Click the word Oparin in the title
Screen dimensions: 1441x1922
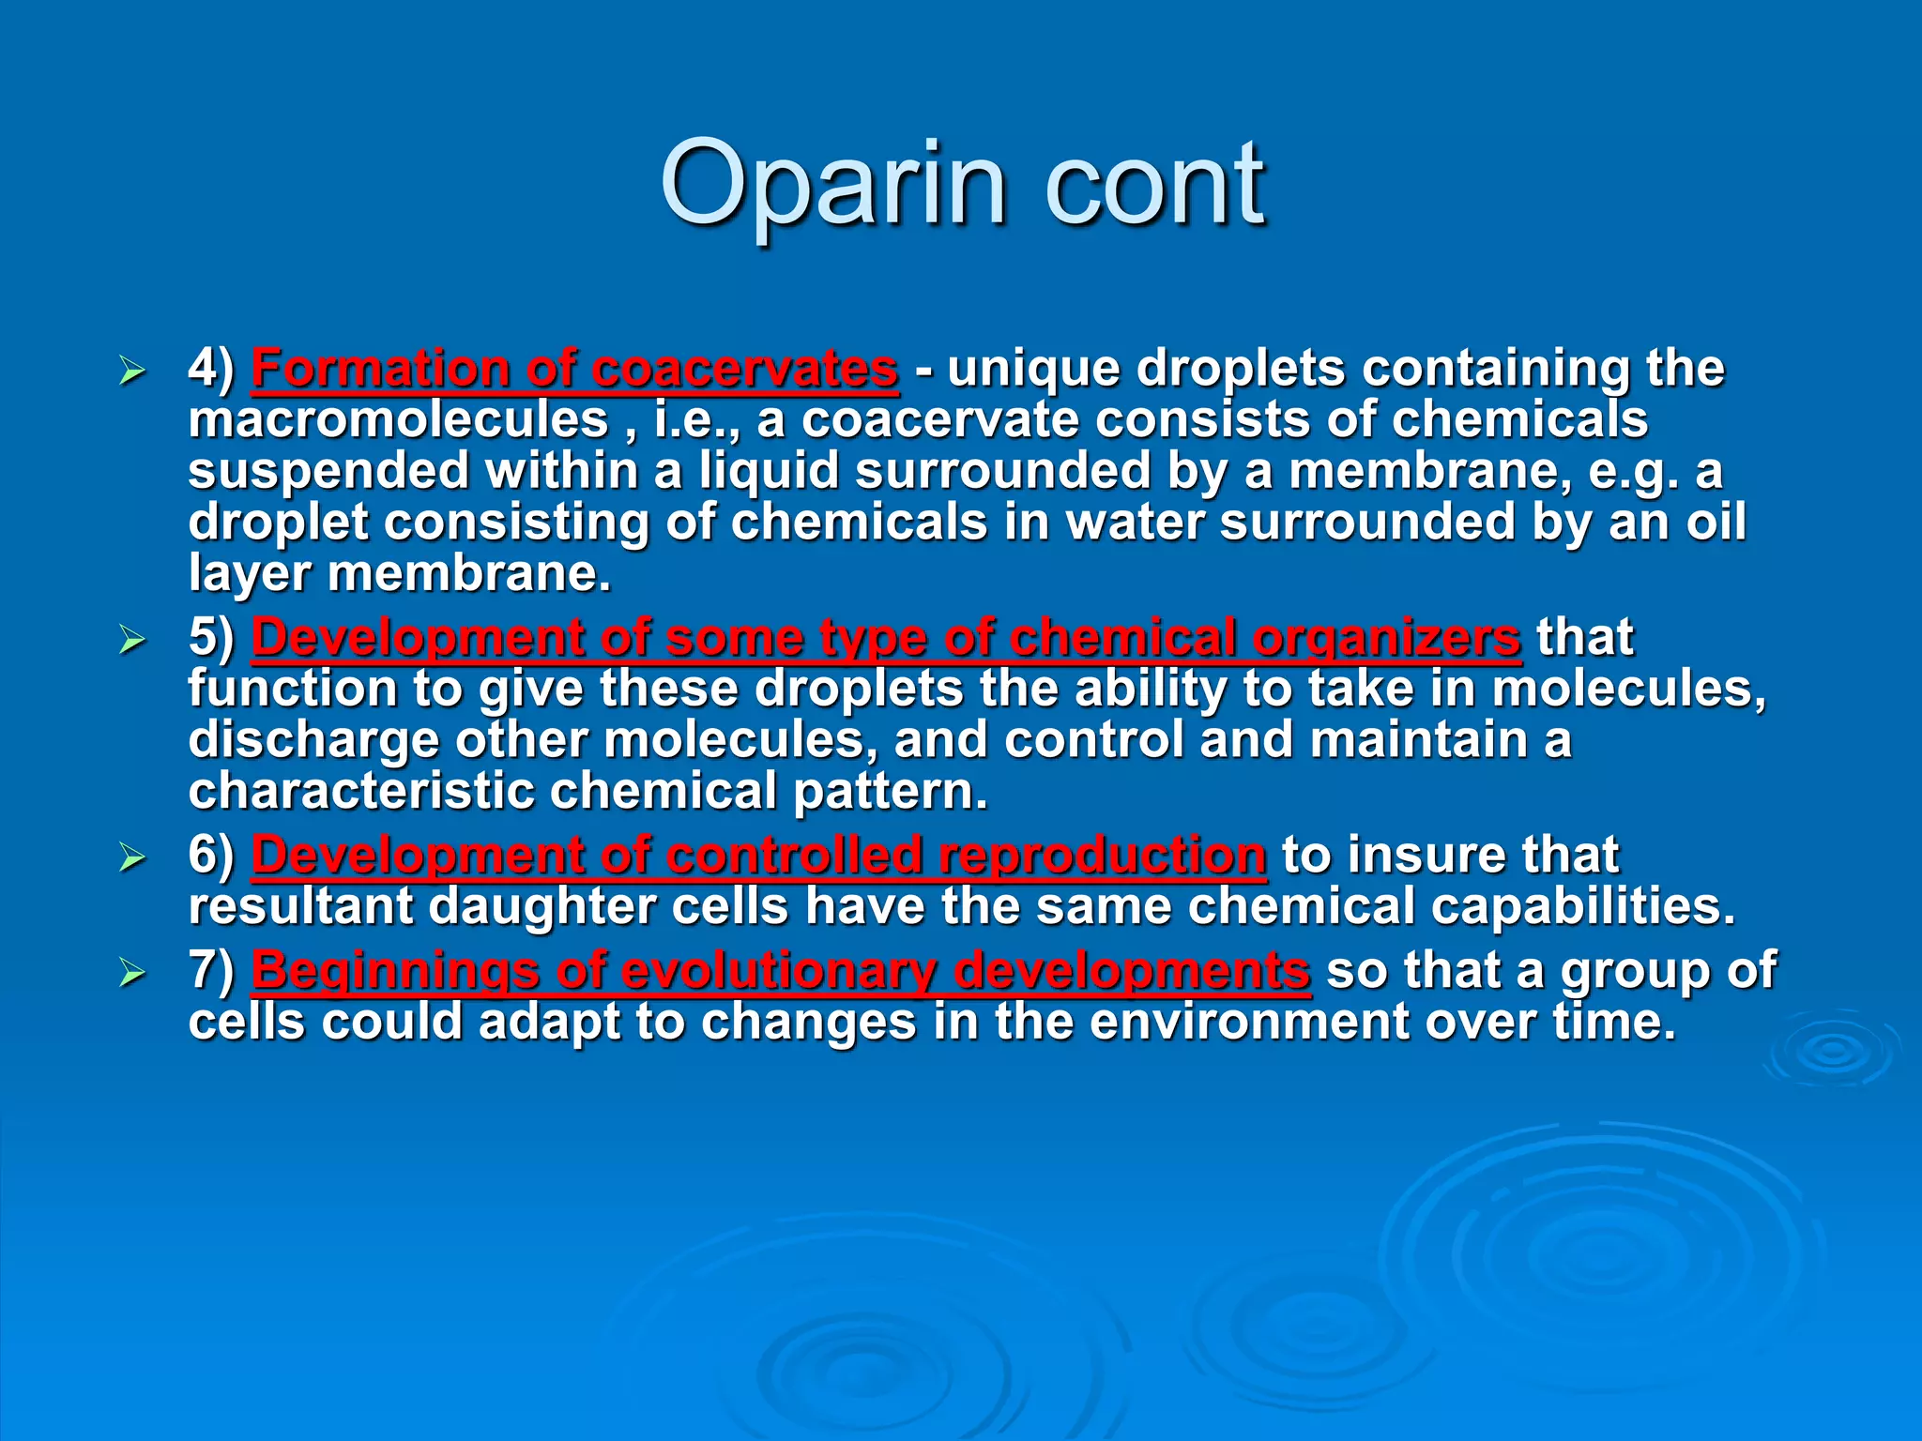(x=833, y=185)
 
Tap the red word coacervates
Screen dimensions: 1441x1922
(x=745, y=369)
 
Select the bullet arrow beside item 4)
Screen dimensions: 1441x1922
(x=132, y=372)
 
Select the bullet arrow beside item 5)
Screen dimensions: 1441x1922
(x=132, y=641)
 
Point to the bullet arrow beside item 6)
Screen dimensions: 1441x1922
(x=132, y=858)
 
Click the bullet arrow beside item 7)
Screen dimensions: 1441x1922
(x=132, y=974)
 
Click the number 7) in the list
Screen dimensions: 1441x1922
(x=211, y=971)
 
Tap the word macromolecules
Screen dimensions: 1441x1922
(x=398, y=419)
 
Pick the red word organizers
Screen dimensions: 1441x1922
(x=1386, y=638)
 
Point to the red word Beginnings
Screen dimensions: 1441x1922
(x=394, y=971)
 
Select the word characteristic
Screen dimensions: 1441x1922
(x=360, y=792)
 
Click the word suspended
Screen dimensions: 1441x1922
(x=328, y=471)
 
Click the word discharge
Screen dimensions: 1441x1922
(x=313, y=741)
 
